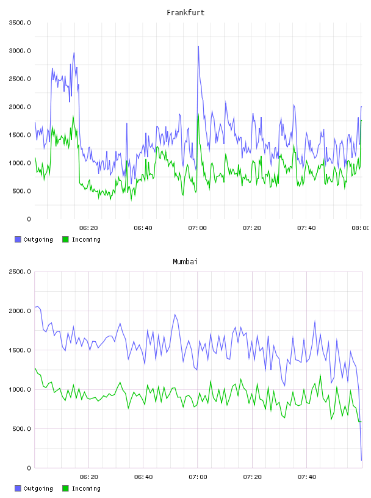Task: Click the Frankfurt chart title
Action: (185, 12)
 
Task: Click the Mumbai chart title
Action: (185, 261)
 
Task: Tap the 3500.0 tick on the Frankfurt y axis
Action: (20, 23)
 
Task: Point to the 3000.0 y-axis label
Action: (20, 51)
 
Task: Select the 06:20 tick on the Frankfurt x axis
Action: (88, 228)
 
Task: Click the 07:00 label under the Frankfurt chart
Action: (198, 228)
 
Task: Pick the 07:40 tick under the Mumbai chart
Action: (307, 477)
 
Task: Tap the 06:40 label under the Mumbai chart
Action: (143, 477)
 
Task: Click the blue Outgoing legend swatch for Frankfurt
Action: (18, 239)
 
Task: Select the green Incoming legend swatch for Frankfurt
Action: (65, 239)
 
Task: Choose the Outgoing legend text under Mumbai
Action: (38, 488)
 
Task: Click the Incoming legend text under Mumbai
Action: (86, 488)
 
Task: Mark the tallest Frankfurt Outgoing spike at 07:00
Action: (198, 46)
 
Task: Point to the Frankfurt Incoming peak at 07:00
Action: (198, 115)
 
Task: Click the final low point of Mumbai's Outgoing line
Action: (361, 460)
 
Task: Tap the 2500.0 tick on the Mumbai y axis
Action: (20, 272)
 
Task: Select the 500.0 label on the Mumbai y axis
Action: (22, 429)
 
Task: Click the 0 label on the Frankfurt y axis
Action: (29, 219)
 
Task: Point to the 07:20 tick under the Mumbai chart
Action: (253, 477)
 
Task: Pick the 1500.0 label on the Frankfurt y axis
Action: (20, 135)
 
